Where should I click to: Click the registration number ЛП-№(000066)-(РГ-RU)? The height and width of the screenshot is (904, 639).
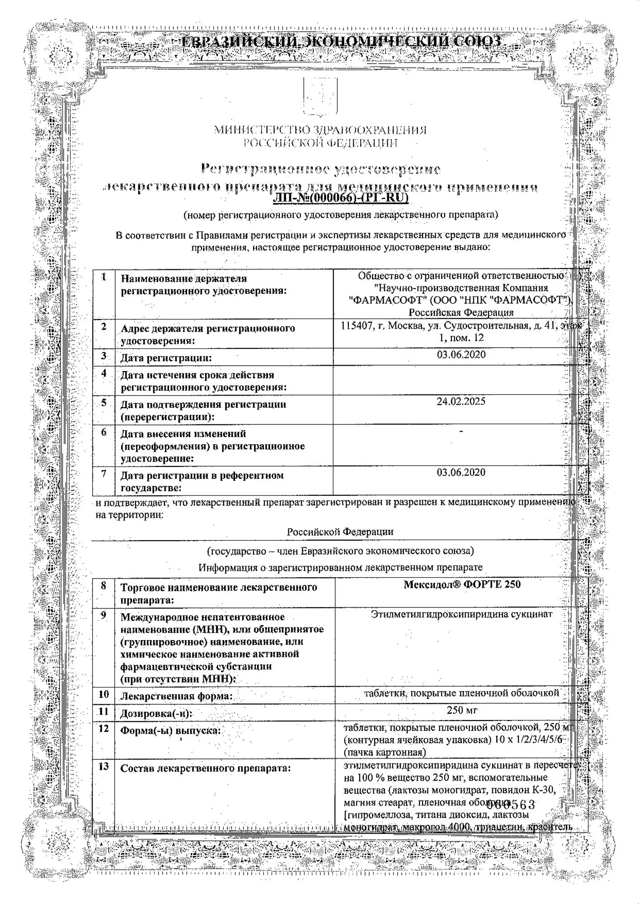tap(341, 198)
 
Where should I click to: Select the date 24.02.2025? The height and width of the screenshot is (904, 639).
tap(461, 401)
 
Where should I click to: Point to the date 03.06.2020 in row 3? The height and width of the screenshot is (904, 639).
tap(461, 354)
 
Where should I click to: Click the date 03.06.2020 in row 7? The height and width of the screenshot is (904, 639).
tap(461, 472)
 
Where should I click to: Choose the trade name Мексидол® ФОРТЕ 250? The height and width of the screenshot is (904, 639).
tap(462, 584)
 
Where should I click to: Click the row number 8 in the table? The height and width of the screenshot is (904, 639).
tap(103, 586)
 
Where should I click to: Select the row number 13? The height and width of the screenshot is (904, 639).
tap(103, 767)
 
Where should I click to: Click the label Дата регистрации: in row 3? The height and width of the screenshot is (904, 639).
tap(166, 358)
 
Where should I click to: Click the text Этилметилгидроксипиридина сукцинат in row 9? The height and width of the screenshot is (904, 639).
tap(461, 614)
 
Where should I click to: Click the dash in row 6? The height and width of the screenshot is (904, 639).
tap(461, 432)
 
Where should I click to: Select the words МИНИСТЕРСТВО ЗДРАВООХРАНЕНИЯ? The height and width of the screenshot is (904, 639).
tap(320, 131)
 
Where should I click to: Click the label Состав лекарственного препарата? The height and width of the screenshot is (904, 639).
tap(205, 768)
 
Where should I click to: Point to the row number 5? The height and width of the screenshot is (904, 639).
tap(103, 403)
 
